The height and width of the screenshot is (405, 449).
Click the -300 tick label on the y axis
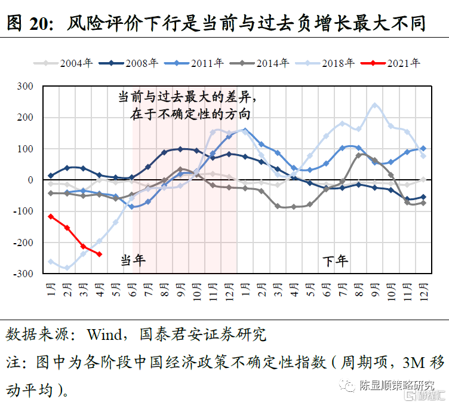pos(24,274)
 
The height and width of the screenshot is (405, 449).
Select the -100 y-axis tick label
pos(24,211)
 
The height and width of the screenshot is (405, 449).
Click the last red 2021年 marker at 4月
pos(99,254)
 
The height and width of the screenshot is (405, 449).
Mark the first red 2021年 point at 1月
pos(51,216)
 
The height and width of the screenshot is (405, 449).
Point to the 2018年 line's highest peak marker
pos(375,105)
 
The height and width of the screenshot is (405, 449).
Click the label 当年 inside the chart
pos(133,260)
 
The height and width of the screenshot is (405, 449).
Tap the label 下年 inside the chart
pos(335,260)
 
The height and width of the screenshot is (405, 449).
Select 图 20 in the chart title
pos(27,23)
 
